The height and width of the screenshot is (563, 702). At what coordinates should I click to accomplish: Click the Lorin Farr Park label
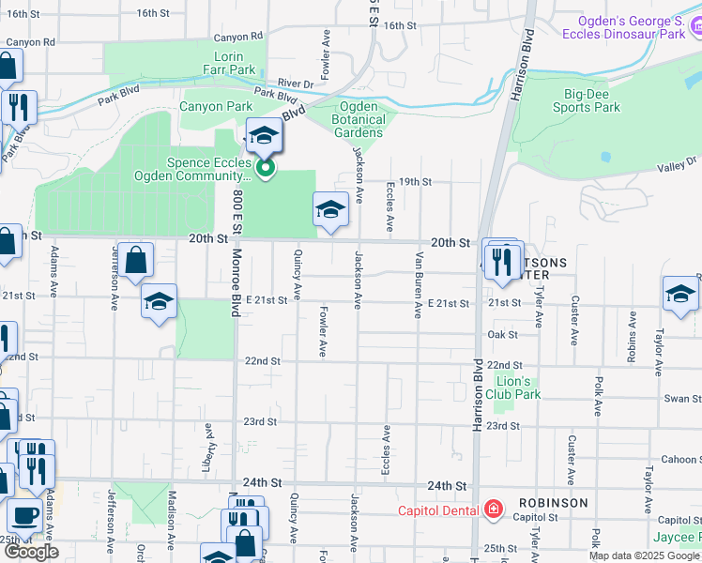[229, 63]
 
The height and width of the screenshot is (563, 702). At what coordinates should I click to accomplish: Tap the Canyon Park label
[216, 107]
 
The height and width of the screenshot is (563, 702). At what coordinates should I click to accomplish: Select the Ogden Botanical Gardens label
[359, 119]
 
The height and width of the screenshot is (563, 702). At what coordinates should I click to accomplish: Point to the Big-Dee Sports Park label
[592, 100]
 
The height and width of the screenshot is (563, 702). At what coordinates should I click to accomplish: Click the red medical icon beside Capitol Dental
[493, 510]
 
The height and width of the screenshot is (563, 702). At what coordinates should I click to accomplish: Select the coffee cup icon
[24, 516]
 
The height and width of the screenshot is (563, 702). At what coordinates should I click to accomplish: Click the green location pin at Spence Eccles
[266, 169]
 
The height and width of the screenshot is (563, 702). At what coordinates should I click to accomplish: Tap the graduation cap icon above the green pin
[265, 136]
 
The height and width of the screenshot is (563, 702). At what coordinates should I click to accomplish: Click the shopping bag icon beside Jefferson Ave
[136, 260]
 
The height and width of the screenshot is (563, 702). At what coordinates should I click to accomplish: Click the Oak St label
[503, 334]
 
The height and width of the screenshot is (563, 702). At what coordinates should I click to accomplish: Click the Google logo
[32, 552]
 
